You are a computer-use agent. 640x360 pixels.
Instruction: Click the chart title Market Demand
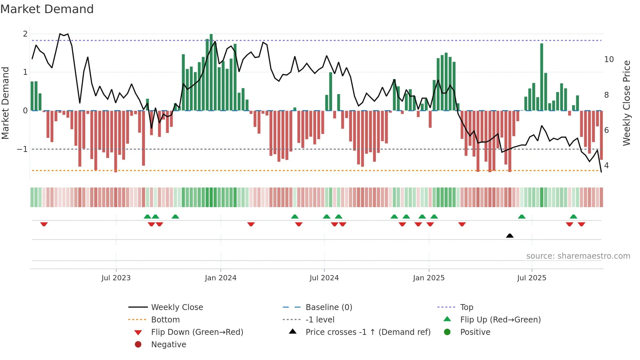tap(47, 9)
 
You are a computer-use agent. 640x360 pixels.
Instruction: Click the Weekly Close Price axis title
tap(626, 103)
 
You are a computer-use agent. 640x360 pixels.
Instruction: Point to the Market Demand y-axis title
tap(5, 103)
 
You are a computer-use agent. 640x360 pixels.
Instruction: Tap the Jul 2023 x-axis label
tap(116, 278)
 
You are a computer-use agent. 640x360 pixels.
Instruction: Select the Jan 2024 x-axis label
tap(220, 278)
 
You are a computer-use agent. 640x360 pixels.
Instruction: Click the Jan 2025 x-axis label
tap(428, 278)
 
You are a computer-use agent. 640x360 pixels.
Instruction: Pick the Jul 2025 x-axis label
tap(532, 278)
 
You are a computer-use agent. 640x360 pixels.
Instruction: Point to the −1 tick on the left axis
tap(22, 149)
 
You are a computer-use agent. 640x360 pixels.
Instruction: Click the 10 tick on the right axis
tap(609, 59)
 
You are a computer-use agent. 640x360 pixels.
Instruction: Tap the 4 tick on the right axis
tap(606, 166)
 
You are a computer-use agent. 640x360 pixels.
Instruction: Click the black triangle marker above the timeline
tap(510, 236)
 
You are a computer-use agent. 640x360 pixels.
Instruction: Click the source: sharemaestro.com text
tap(578, 256)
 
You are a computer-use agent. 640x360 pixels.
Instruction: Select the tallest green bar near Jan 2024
tap(211, 72)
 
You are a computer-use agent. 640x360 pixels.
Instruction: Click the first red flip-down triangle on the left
tap(44, 224)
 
